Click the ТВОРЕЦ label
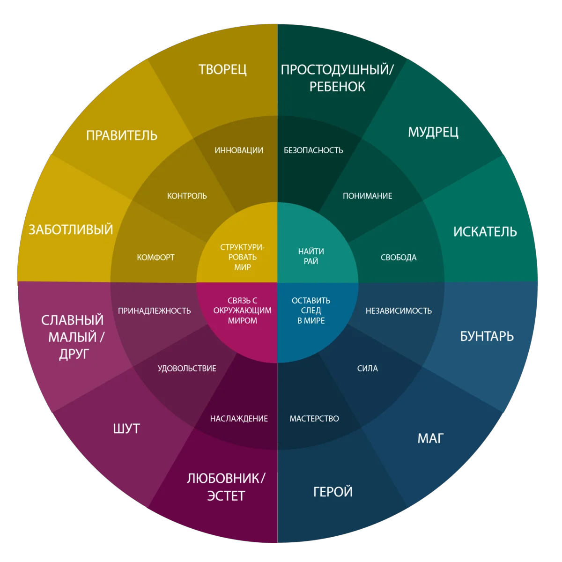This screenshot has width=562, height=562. (222, 70)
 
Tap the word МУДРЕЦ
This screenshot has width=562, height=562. (433, 133)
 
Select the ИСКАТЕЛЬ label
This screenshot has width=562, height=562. (485, 232)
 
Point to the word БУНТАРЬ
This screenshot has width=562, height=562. (487, 337)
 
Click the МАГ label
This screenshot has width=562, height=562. (430, 438)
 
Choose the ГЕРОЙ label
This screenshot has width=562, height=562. (333, 492)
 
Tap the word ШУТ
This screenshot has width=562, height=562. (126, 429)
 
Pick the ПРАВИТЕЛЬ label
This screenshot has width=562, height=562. (122, 136)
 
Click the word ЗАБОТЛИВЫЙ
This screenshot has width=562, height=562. (71, 229)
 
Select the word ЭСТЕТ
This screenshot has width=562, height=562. (226, 496)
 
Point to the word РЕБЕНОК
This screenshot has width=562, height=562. (337, 87)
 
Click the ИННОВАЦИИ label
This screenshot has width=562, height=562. (239, 150)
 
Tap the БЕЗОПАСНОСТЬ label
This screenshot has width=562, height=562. (313, 150)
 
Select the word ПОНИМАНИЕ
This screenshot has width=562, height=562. (367, 196)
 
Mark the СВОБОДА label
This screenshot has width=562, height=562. (399, 258)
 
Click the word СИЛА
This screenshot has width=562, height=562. (367, 369)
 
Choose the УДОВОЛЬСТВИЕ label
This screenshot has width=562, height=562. (187, 369)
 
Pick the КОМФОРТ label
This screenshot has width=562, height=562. (155, 258)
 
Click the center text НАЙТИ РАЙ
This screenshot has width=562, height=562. (311, 256)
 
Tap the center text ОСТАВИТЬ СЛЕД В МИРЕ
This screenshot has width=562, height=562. (311, 311)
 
